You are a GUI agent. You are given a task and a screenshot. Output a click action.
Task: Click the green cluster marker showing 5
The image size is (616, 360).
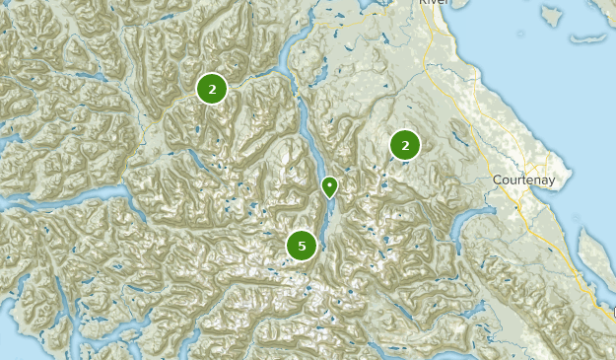(x=302, y=245)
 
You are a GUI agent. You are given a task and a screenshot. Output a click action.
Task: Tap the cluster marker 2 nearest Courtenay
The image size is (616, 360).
(x=404, y=146)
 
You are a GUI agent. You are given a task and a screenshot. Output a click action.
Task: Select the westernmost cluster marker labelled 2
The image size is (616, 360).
(x=212, y=89)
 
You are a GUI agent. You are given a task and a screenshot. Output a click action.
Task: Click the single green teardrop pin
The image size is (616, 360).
(x=329, y=186)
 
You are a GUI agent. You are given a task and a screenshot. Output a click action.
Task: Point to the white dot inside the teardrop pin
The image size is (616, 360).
(x=329, y=183)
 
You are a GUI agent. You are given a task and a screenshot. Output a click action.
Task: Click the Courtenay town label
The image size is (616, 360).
(x=524, y=180)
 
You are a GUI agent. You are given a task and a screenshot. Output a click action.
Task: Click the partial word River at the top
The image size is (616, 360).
(x=434, y=3)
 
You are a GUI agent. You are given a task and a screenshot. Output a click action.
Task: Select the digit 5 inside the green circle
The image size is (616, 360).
(x=302, y=245)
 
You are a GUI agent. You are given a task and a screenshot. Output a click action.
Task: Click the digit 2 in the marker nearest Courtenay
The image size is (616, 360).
(x=404, y=146)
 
